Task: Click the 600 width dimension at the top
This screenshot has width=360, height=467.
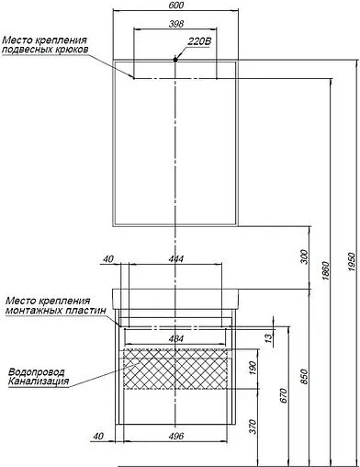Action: pos(174,5)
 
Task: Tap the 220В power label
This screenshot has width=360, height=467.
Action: pos(201,42)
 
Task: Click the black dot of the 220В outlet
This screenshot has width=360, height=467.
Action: pos(174,60)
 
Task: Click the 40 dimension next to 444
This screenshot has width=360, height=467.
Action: pos(108,260)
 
